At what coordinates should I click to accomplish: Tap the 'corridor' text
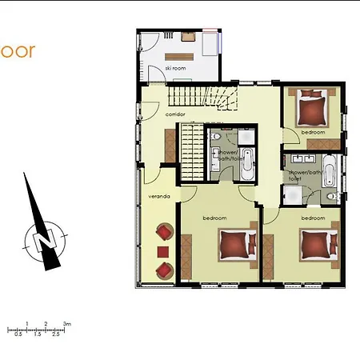click(x=176, y=114)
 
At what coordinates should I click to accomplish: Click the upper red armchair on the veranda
click(x=164, y=232)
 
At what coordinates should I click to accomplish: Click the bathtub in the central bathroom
click(x=248, y=162)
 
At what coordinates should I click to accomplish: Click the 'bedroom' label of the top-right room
click(x=313, y=131)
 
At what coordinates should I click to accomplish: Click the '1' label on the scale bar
click(x=27, y=323)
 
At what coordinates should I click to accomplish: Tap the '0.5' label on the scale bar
click(x=18, y=334)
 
